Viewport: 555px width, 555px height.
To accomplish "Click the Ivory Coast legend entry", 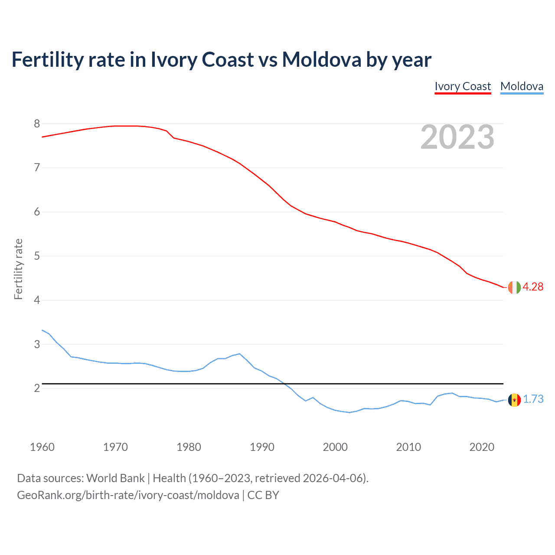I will [463, 86].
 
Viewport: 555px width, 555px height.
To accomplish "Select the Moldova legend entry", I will [522, 86].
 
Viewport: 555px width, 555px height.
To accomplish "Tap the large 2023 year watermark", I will [457, 137].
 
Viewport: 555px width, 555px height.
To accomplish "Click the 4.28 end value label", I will [533, 287].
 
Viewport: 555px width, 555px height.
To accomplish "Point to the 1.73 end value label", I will [533, 399].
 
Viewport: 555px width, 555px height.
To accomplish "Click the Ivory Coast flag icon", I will [514, 287].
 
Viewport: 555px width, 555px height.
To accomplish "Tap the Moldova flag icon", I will [514, 399].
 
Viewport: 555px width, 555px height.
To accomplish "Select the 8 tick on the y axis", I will [37, 124].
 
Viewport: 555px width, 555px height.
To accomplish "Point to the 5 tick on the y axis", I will [37, 256].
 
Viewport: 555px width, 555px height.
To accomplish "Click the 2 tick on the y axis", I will [37, 388].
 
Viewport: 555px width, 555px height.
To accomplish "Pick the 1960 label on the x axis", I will [42, 447].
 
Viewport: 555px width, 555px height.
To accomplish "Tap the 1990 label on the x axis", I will [262, 447].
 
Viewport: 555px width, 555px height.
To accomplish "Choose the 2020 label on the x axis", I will [482, 447].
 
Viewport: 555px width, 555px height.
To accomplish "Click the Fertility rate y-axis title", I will [18, 269].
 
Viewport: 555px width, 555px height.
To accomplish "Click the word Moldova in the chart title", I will [321, 60].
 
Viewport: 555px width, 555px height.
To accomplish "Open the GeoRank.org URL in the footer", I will [128, 495].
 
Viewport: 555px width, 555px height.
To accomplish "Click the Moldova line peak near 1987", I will [239, 354].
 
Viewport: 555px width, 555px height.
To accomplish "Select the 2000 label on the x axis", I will [335, 447].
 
